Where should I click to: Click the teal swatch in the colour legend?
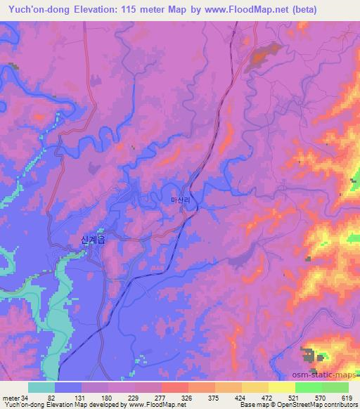tap(41, 387)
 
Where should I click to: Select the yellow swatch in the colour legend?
tap(281, 387)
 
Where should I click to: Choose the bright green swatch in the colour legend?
tap(308, 387)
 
